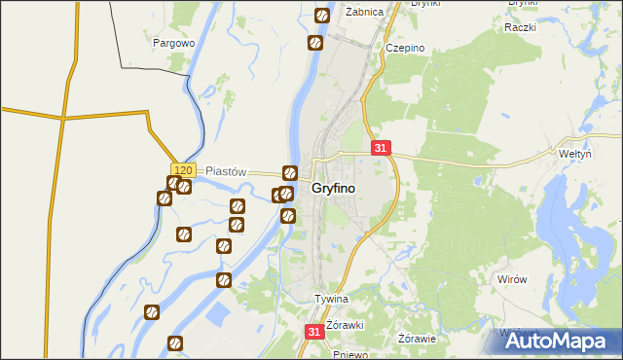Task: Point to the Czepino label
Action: point(405,47)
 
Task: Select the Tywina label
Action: point(330,299)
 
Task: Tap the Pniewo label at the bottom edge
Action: point(348,354)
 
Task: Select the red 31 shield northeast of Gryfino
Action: point(381,148)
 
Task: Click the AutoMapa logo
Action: point(560,341)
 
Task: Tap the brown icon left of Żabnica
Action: point(322,16)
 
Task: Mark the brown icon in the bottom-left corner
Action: point(175,342)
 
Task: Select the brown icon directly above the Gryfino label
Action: point(289,173)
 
